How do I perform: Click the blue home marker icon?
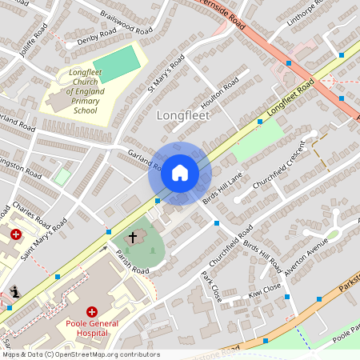pyautogui.click(x=180, y=173)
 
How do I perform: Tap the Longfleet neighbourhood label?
pyautogui.click(x=182, y=115)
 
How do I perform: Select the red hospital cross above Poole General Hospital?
pyautogui.click(x=92, y=311)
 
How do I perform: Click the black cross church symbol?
pyautogui.click(x=133, y=238)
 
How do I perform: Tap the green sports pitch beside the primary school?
pyautogui.click(x=115, y=65)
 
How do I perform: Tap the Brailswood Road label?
pyautogui.click(x=126, y=22)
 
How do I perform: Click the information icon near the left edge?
pyautogui.click(x=14, y=292)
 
